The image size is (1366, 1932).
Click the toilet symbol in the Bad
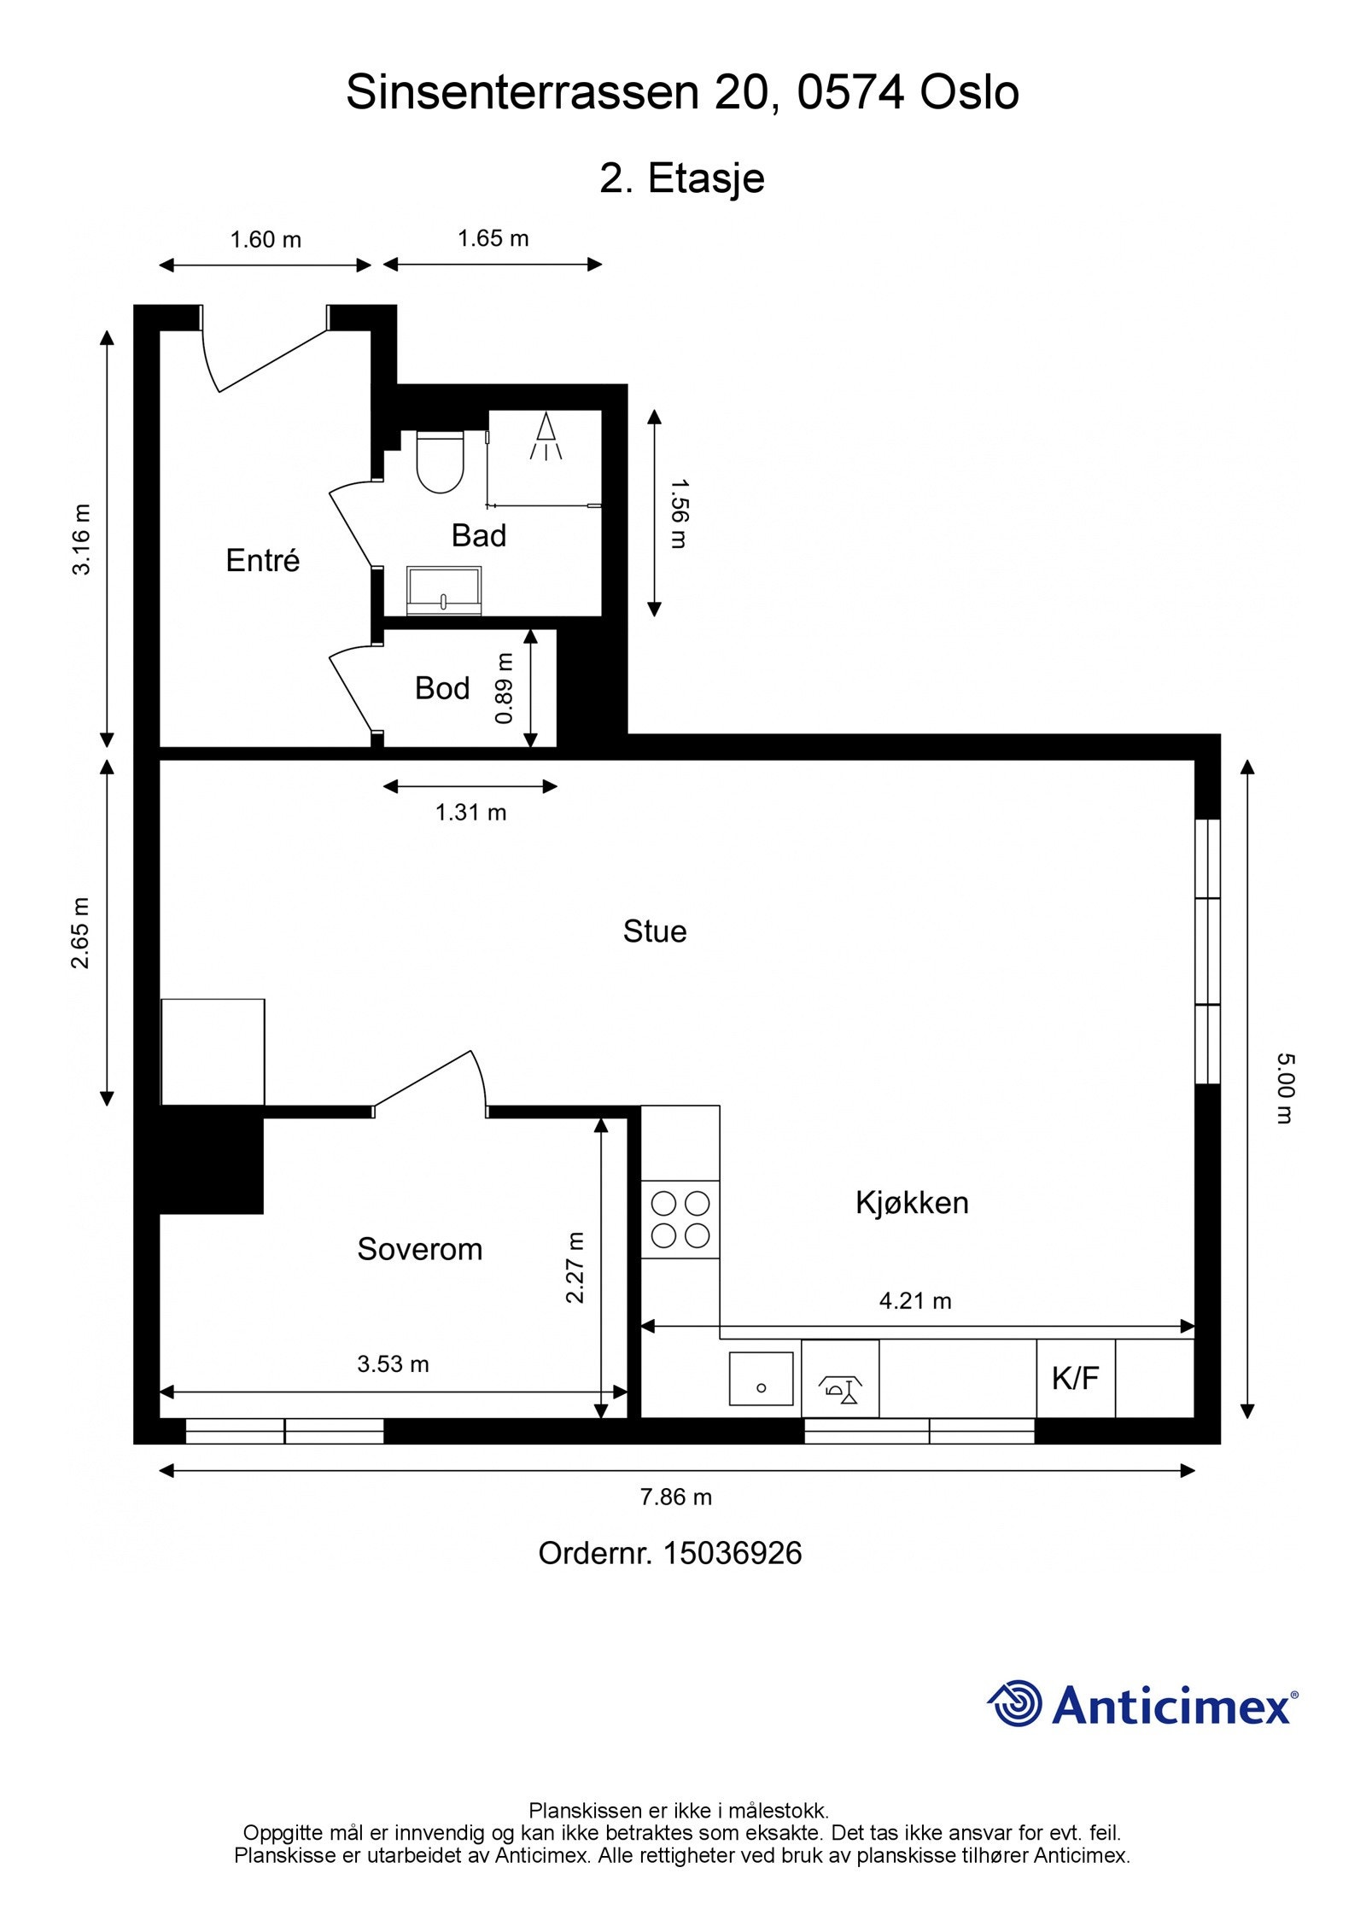click(440, 462)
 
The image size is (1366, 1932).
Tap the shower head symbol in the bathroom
click(546, 435)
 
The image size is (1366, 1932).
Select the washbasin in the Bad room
click(444, 590)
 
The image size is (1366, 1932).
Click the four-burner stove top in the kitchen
click(680, 1219)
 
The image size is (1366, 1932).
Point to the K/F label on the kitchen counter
click(1075, 1378)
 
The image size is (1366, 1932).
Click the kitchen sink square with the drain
click(761, 1378)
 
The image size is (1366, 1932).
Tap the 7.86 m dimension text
click(675, 1497)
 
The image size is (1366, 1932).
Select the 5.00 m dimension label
click(1285, 1088)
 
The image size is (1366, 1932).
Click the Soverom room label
click(419, 1250)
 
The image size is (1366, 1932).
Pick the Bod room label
click(442, 688)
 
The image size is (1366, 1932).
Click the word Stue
click(655, 931)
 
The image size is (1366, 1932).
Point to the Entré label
click(263, 561)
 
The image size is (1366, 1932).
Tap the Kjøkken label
click(912, 1203)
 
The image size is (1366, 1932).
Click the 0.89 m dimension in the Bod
click(505, 688)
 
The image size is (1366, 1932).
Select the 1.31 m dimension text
click(470, 813)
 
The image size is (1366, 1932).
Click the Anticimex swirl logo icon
click(1015, 1703)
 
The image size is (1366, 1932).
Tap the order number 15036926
click(732, 1553)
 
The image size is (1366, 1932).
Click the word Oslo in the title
click(969, 92)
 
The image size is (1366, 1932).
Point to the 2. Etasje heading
click(681, 178)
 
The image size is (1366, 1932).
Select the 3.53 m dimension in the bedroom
click(393, 1363)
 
